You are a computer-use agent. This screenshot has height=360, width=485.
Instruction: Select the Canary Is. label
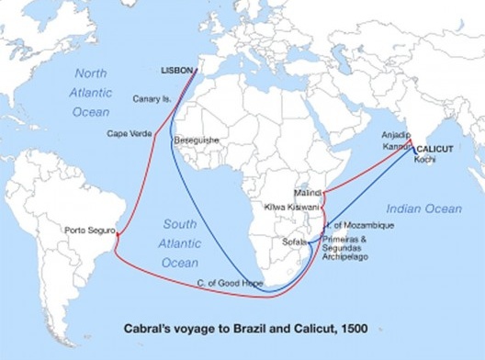coord(152,100)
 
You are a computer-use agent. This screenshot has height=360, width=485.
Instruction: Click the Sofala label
coord(296,242)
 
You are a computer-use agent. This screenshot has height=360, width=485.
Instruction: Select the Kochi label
coord(424,160)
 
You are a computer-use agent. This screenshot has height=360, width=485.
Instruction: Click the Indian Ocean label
coord(423,209)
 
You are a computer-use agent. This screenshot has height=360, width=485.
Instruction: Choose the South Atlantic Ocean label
coord(180,243)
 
